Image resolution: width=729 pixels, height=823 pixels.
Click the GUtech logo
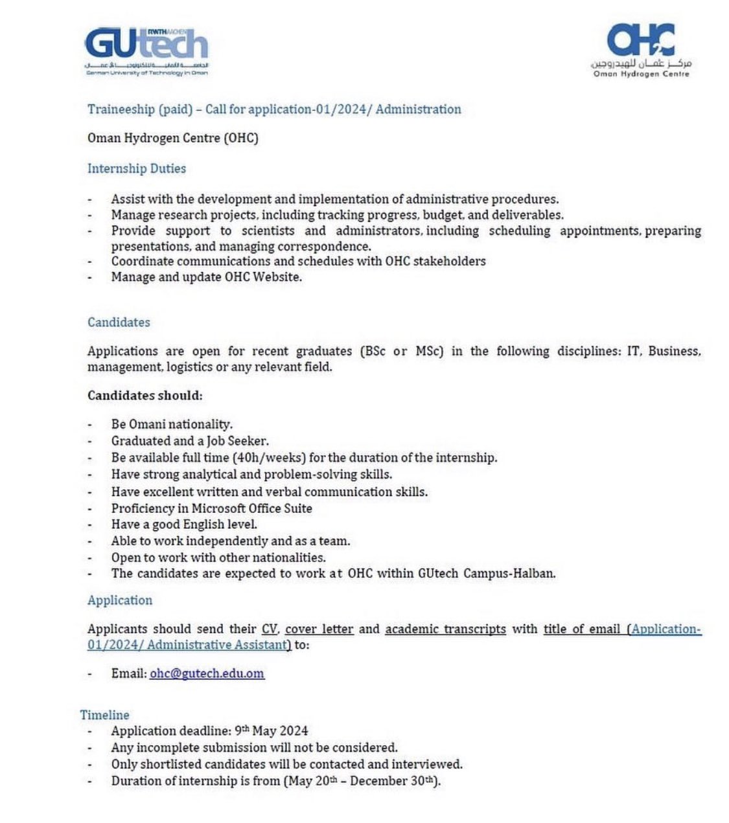(146, 51)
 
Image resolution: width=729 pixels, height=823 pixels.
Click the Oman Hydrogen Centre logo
(641, 51)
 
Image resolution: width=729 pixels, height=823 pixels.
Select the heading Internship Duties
(137, 168)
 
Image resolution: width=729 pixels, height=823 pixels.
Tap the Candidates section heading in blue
(119, 322)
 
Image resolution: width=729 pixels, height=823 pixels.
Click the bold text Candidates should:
(145, 395)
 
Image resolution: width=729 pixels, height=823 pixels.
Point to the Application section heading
(120, 600)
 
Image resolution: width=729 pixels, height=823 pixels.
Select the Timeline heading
(104, 715)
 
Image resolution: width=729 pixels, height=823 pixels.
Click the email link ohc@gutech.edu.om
(207, 673)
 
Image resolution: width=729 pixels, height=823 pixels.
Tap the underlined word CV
(269, 629)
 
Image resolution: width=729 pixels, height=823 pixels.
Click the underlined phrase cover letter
(319, 629)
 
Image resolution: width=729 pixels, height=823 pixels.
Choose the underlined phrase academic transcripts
(445, 629)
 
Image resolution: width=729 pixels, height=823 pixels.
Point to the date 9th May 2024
(271, 731)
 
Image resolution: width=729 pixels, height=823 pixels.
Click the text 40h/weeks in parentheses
(273, 457)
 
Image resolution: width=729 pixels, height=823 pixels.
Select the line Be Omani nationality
(172, 424)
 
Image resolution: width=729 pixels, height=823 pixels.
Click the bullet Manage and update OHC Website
(207, 276)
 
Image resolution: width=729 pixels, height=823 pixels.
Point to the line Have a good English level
(184, 524)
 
